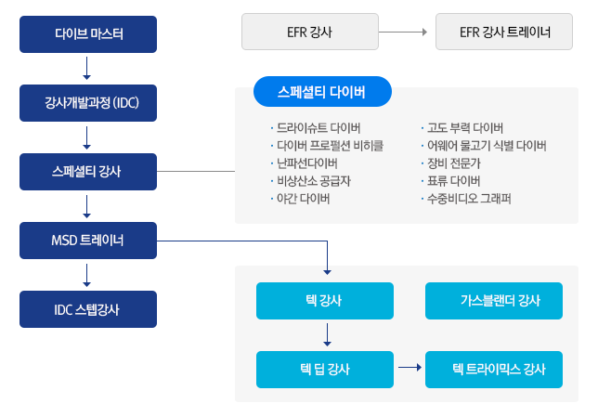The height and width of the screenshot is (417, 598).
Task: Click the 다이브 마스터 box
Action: (88, 34)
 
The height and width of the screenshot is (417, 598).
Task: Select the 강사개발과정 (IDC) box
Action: (88, 103)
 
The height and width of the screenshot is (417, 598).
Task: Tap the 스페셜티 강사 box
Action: (88, 172)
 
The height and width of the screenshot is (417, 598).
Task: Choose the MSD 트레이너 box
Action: (88, 241)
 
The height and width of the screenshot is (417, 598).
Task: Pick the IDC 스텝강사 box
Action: (88, 309)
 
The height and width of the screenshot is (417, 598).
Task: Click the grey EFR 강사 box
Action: (310, 32)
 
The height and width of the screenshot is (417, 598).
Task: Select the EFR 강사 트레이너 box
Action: (504, 32)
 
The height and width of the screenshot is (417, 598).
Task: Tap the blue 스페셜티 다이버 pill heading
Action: (322, 92)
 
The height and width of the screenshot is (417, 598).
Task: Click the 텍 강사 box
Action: (325, 301)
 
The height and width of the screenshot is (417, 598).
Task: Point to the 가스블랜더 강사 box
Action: (494, 301)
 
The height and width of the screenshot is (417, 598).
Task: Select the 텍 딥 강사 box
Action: (325, 370)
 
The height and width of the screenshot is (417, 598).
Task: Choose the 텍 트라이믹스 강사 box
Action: (494, 370)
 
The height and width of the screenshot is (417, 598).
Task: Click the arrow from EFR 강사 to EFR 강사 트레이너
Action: (403, 33)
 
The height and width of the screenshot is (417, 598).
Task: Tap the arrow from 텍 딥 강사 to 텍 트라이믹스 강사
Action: (410, 368)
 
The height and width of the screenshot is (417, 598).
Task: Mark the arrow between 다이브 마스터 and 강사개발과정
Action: (87, 69)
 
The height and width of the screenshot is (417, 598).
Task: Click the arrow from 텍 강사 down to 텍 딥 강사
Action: (327, 334)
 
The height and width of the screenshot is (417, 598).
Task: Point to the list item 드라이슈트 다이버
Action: (318, 128)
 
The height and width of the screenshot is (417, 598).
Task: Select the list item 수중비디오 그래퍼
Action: (469, 199)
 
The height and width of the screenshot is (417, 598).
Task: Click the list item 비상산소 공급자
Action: (314, 181)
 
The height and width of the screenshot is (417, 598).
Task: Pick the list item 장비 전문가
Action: (453, 163)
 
